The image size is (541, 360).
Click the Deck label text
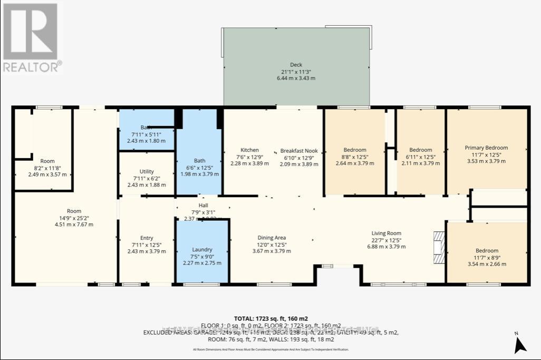296,65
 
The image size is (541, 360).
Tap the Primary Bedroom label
486,148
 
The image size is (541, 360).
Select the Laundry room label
202,249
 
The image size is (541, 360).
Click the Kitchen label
249,150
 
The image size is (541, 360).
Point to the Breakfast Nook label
298,150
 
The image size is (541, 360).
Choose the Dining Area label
272,238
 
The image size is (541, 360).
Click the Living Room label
387,233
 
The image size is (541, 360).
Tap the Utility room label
147,171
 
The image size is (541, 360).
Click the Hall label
203,206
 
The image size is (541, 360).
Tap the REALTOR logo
32,37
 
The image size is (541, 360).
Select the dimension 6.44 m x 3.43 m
296,78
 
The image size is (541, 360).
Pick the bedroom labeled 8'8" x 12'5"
354,157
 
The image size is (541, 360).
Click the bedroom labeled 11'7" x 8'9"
487,257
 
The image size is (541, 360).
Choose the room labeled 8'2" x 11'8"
47,168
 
